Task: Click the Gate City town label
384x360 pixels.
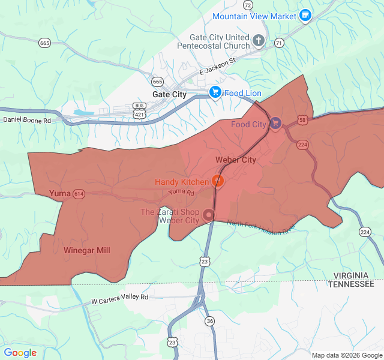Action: (x=169, y=94)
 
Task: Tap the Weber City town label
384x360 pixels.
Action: (x=236, y=160)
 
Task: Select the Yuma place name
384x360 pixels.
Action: (x=59, y=193)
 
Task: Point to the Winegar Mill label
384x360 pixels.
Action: (x=87, y=250)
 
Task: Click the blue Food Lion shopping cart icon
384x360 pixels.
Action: (x=215, y=92)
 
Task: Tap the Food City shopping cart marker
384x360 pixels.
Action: (x=275, y=124)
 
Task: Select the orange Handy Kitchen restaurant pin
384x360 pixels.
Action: (x=218, y=181)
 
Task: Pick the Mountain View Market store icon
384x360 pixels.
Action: (x=305, y=15)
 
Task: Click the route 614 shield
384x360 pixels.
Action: (x=79, y=194)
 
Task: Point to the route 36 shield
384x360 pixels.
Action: (x=209, y=320)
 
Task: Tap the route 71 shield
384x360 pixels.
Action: (x=278, y=43)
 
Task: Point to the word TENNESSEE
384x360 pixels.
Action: (x=351, y=284)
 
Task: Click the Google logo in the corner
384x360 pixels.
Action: (x=20, y=352)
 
